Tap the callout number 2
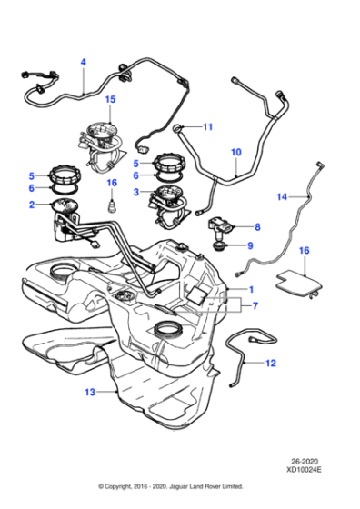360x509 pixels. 31,205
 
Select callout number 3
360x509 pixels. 136,192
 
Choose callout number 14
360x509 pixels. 282,196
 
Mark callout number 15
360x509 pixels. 110,99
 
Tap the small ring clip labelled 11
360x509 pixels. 179,126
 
